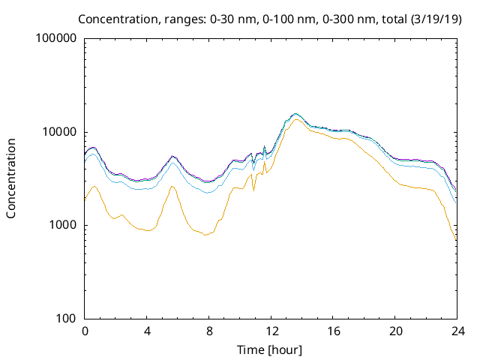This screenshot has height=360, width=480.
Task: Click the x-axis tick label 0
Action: (85, 331)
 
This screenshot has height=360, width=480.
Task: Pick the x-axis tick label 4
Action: (147, 331)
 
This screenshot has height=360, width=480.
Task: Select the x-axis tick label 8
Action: (209, 331)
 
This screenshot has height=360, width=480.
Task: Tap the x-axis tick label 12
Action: (271, 331)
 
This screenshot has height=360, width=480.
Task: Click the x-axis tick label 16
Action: (333, 331)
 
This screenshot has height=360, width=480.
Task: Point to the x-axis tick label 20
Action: (395, 331)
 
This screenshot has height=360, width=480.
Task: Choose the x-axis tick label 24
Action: (457, 331)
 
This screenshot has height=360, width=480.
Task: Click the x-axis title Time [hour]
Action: (271, 349)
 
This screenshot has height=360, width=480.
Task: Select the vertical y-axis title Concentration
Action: (11, 178)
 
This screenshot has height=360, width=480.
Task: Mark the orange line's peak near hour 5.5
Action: (172, 186)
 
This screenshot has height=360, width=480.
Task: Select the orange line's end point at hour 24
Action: (456, 241)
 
